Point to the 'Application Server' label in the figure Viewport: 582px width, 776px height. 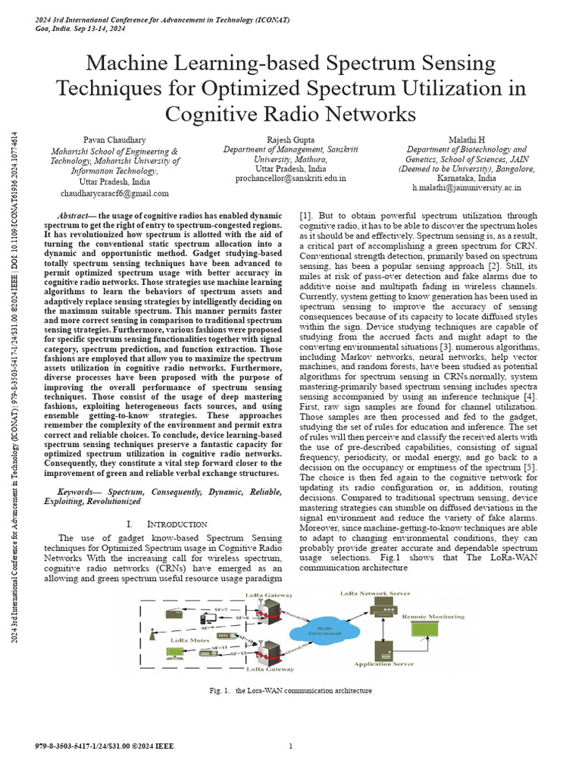pos(384,664)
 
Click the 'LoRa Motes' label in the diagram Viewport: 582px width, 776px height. pos(189,640)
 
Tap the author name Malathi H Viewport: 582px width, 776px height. pos(467,140)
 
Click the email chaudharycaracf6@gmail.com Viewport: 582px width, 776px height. pos(114,193)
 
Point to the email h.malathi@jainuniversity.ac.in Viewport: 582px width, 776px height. pos(467,186)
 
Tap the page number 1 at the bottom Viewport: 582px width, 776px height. pos(291,746)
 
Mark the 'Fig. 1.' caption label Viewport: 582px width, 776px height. pos(220,691)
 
